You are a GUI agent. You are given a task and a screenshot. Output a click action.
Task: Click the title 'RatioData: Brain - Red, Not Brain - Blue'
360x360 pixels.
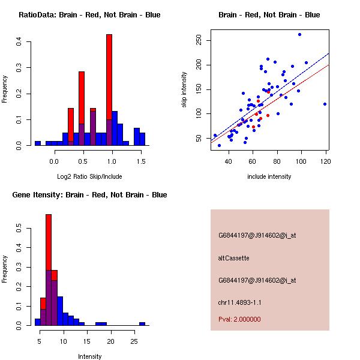pos(89,15)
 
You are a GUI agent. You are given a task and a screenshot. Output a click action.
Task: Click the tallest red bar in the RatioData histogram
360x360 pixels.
pos(109,90)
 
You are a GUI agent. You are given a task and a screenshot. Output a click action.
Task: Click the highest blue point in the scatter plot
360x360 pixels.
pos(299,35)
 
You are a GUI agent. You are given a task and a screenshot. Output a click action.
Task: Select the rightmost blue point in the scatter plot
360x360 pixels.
pos(325,104)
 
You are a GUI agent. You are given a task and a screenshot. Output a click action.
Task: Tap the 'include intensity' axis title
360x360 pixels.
pos(269,177)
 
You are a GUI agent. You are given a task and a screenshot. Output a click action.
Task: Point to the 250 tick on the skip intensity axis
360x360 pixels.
pos(199,40)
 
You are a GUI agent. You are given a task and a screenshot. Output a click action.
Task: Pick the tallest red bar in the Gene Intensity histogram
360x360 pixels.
pos(49,269)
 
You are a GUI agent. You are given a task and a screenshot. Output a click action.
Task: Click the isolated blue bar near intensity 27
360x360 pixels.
pos(142,324)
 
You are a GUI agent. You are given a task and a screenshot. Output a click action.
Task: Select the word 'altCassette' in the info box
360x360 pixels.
pos(233,258)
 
